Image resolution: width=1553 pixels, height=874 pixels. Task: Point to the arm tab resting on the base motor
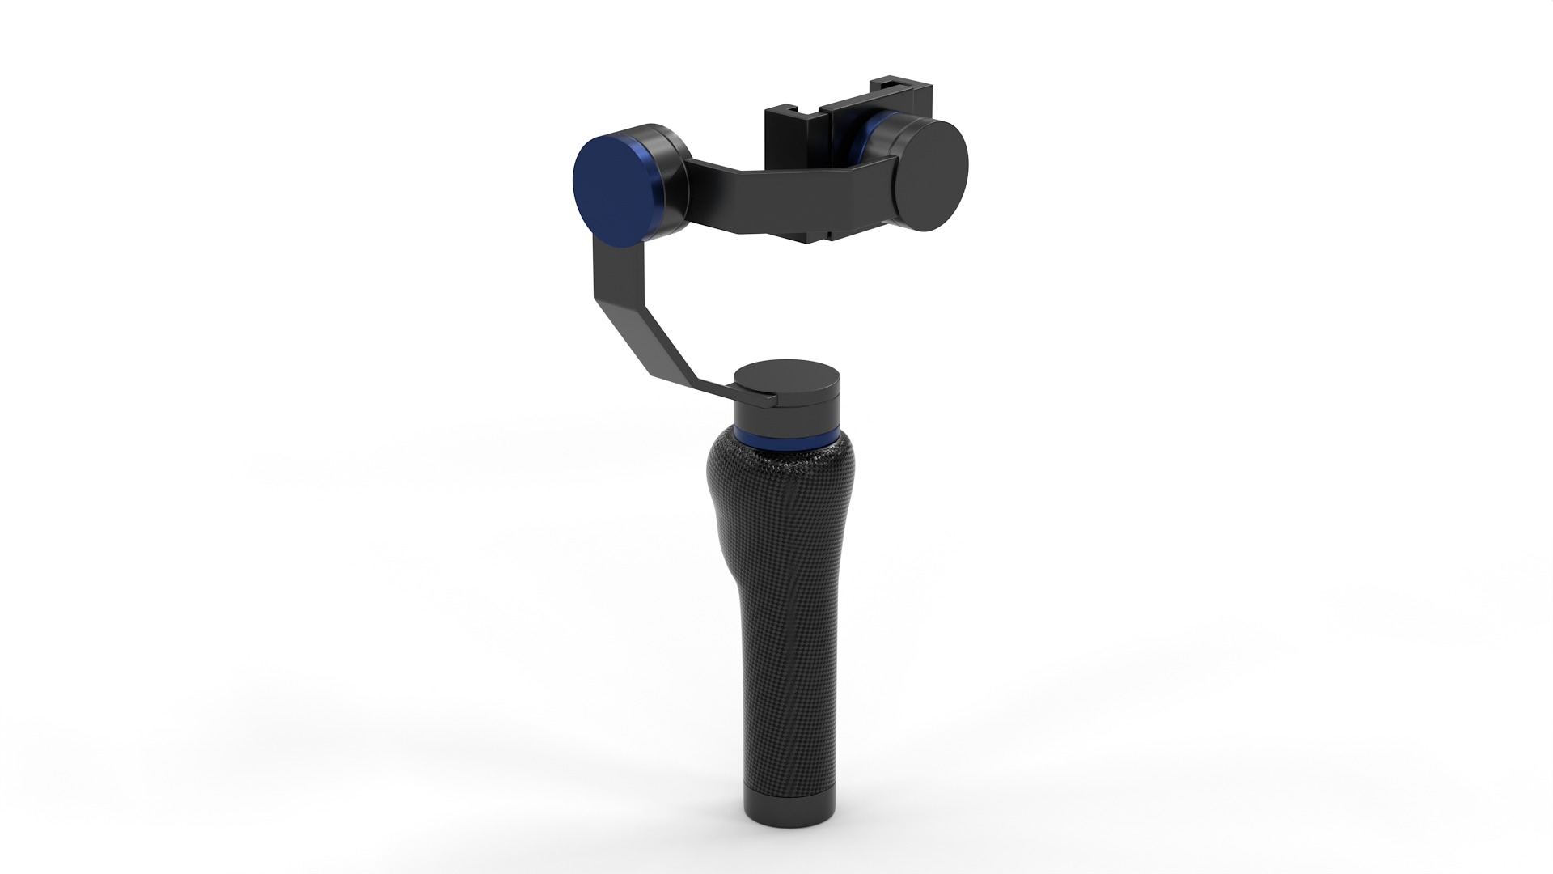click(748, 397)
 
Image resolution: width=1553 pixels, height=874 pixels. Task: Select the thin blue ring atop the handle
click(789, 439)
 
